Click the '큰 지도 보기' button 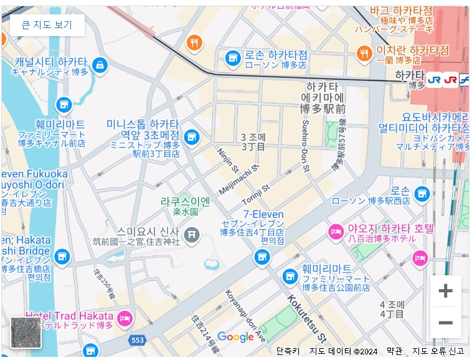[x=47, y=25]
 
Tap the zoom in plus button [x=445, y=291]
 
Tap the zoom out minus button [x=445, y=323]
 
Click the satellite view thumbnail [x=26, y=332]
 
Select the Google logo [x=235, y=337]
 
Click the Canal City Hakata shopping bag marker [x=100, y=65]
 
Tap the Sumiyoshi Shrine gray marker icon [x=192, y=235]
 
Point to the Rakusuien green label [x=185, y=202]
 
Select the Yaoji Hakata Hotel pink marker [x=336, y=231]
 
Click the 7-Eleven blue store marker [x=262, y=256]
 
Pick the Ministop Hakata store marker [x=192, y=136]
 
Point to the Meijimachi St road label [x=238, y=180]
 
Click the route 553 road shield [x=138, y=340]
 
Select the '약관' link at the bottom [x=394, y=351]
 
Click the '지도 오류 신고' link [x=438, y=351]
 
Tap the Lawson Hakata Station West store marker [x=423, y=194]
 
